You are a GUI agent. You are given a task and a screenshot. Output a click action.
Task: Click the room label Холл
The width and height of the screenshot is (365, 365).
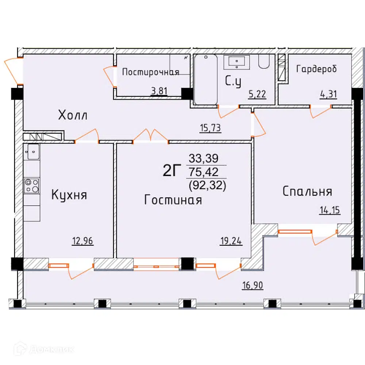click(x=73, y=115)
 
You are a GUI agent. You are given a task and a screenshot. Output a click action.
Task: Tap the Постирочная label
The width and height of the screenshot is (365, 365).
click(x=151, y=72)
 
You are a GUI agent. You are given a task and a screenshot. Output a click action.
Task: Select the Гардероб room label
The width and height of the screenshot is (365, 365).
click(x=316, y=69)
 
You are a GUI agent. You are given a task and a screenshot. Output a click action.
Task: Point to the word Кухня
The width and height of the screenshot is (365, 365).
click(x=69, y=195)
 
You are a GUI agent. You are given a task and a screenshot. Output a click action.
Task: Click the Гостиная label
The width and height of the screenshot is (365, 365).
click(x=173, y=200)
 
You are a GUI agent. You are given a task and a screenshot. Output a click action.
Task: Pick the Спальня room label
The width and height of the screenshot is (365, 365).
click(x=307, y=191)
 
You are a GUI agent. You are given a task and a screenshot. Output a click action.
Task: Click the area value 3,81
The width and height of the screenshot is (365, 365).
click(x=159, y=91)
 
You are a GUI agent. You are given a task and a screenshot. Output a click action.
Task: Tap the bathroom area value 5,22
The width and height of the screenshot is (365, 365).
click(x=257, y=94)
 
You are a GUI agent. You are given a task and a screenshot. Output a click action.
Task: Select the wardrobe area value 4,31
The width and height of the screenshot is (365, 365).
click(x=328, y=94)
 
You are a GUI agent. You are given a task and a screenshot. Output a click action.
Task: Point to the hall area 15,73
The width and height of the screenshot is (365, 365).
click(x=211, y=128)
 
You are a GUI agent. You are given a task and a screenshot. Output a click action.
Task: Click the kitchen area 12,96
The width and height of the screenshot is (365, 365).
click(x=82, y=241)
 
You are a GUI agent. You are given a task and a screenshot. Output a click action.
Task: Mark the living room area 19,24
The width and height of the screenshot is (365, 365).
click(x=231, y=241)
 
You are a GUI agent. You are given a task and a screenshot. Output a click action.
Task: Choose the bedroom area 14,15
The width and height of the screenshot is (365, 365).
click(x=330, y=210)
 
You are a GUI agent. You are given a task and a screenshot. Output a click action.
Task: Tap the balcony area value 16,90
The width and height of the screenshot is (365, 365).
click(x=253, y=285)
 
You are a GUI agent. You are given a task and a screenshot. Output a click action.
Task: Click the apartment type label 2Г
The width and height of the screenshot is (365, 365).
click(x=172, y=170)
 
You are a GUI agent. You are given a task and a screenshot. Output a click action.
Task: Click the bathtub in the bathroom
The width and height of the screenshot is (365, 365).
click(x=206, y=79)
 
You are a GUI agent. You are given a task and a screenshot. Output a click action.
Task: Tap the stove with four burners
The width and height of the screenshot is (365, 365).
click(x=32, y=186)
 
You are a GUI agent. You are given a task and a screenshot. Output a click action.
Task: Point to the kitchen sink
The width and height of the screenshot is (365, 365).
click(x=33, y=152)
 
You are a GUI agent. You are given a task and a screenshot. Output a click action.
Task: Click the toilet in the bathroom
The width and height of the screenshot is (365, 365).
click(x=264, y=61)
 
